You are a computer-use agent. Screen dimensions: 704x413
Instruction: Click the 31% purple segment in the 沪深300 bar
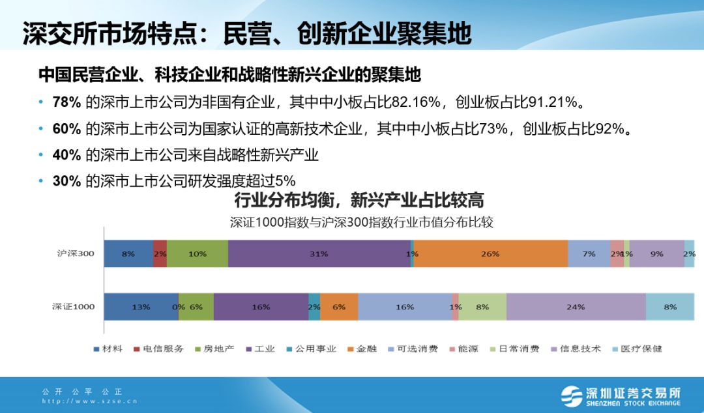point(319,253)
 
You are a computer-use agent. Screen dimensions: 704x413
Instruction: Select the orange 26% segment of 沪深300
point(491,253)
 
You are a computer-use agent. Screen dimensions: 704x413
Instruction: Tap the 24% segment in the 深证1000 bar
point(576,307)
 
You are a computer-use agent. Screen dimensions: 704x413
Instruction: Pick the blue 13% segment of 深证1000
point(141,307)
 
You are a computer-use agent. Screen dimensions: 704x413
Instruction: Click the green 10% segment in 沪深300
point(198,253)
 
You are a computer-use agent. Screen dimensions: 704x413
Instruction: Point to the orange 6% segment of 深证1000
point(339,307)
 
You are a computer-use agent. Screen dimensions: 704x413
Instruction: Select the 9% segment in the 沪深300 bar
point(657,253)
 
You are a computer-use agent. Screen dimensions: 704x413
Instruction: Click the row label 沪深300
point(76,253)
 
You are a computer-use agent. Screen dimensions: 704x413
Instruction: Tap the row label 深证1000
point(73,307)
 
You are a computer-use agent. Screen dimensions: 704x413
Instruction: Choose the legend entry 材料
point(108,349)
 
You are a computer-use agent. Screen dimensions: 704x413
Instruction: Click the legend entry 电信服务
point(159,349)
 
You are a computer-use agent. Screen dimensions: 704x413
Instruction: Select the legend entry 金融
point(362,349)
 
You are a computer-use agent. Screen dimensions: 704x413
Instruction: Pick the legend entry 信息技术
point(576,349)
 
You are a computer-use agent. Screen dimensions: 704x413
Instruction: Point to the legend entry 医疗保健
point(638,349)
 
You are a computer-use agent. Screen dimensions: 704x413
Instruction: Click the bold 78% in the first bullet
point(66,102)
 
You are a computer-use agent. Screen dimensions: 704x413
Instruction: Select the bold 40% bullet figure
point(66,155)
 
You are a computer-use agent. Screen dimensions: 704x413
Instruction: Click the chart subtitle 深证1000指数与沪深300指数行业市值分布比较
point(361,222)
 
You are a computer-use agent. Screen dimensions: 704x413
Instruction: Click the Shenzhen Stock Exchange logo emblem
point(571,397)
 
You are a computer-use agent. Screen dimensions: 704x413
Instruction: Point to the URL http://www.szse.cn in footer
point(89,401)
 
